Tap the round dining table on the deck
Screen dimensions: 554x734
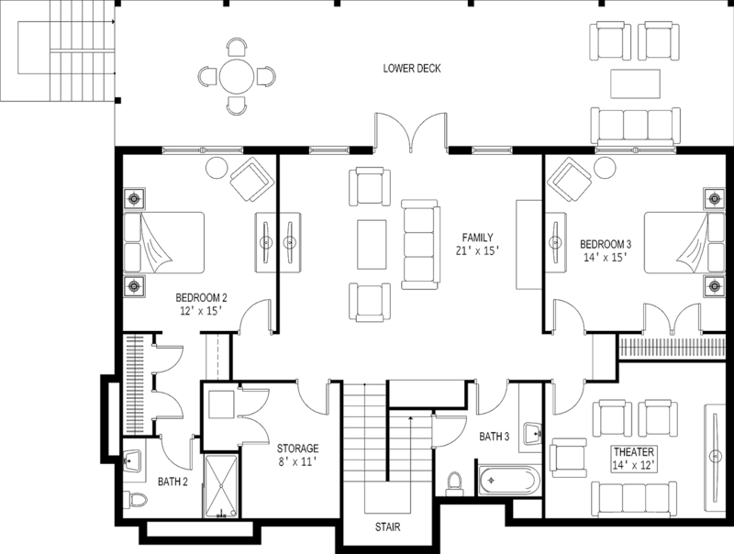(x=237, y=77)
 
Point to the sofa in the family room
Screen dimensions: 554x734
(x=417, y=242)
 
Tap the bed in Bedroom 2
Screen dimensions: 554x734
(x=164, y=242)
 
